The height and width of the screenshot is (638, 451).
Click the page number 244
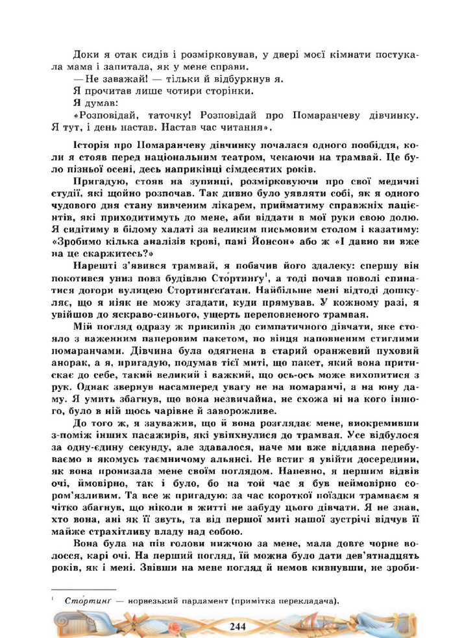[238, 625]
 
